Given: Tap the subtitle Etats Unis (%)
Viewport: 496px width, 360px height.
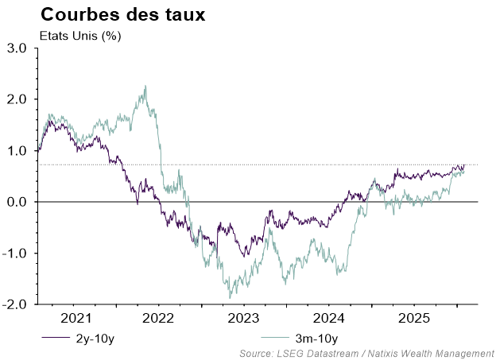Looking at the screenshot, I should coord(79,36).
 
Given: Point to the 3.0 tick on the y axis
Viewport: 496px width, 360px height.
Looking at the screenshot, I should coord(17,48).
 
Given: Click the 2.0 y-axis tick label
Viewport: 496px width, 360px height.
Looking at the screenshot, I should coord(17,99).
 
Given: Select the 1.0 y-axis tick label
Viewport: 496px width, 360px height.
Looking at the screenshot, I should coord(17,151).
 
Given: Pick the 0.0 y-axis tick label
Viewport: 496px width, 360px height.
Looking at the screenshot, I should coord(17,202).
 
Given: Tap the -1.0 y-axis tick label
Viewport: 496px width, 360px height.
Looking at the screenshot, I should coord(16,254).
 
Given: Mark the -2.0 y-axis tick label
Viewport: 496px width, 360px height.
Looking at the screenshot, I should coord(16,304).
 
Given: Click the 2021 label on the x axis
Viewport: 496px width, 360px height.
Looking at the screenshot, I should coord(75,319).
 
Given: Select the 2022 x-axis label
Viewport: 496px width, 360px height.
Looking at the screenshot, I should coord(158,319).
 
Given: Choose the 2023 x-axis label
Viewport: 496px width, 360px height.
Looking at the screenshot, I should coord(243,319).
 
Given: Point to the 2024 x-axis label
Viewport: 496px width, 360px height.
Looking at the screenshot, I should coord(328,319).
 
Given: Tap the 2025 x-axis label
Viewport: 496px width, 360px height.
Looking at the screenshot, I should coord(413,319).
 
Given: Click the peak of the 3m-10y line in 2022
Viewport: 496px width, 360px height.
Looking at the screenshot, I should coord(145,86).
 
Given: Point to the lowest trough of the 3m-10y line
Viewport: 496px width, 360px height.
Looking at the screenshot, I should coord(230,298).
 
